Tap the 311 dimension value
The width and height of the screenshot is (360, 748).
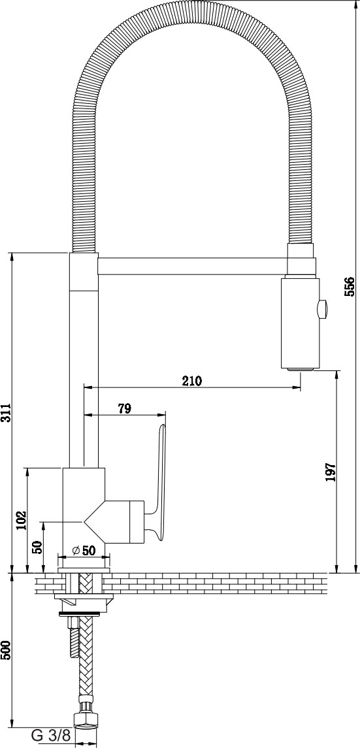point(5,412)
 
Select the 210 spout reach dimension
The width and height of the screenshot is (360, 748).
point(191,381)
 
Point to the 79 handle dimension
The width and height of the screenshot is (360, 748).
point(124,408)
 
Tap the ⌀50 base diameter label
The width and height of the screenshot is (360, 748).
point(83,550)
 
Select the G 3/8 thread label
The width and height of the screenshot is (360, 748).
point(50,736)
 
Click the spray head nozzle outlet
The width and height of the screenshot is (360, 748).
point(301,368)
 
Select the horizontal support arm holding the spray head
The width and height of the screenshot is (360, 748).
point(192,266)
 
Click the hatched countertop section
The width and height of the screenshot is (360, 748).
point(181,583)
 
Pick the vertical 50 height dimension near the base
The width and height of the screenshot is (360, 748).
point(39,547)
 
